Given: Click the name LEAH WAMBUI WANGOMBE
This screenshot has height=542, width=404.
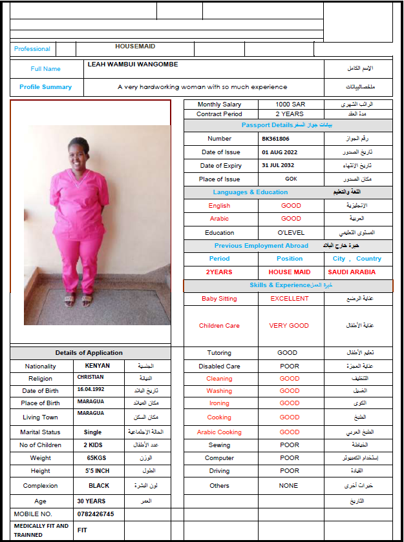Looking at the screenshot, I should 133,65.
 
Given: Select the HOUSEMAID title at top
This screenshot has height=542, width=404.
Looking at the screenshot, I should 135,46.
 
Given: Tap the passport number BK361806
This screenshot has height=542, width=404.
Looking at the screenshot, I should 275,139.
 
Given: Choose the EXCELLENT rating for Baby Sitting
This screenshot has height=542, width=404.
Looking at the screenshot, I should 290,299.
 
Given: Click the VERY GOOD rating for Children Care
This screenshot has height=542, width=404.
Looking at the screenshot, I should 289,326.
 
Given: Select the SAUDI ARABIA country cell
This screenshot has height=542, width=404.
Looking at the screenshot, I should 352,272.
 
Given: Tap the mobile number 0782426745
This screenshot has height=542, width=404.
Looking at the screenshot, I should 96,514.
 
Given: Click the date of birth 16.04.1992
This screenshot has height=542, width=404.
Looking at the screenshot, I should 90,390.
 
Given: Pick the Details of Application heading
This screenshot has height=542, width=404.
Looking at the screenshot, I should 89,353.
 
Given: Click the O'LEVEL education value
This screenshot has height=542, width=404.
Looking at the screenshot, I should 290,233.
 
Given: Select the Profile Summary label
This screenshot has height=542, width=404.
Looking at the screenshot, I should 45,87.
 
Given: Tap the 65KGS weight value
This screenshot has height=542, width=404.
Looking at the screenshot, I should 96,458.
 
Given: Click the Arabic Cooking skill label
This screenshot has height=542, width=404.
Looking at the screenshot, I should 219,432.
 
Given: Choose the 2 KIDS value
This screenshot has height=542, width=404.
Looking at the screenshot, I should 94,445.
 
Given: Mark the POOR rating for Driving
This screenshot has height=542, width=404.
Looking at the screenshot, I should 290,471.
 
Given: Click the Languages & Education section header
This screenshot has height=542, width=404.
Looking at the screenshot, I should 250,192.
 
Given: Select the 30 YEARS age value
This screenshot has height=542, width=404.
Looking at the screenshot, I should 91,501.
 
